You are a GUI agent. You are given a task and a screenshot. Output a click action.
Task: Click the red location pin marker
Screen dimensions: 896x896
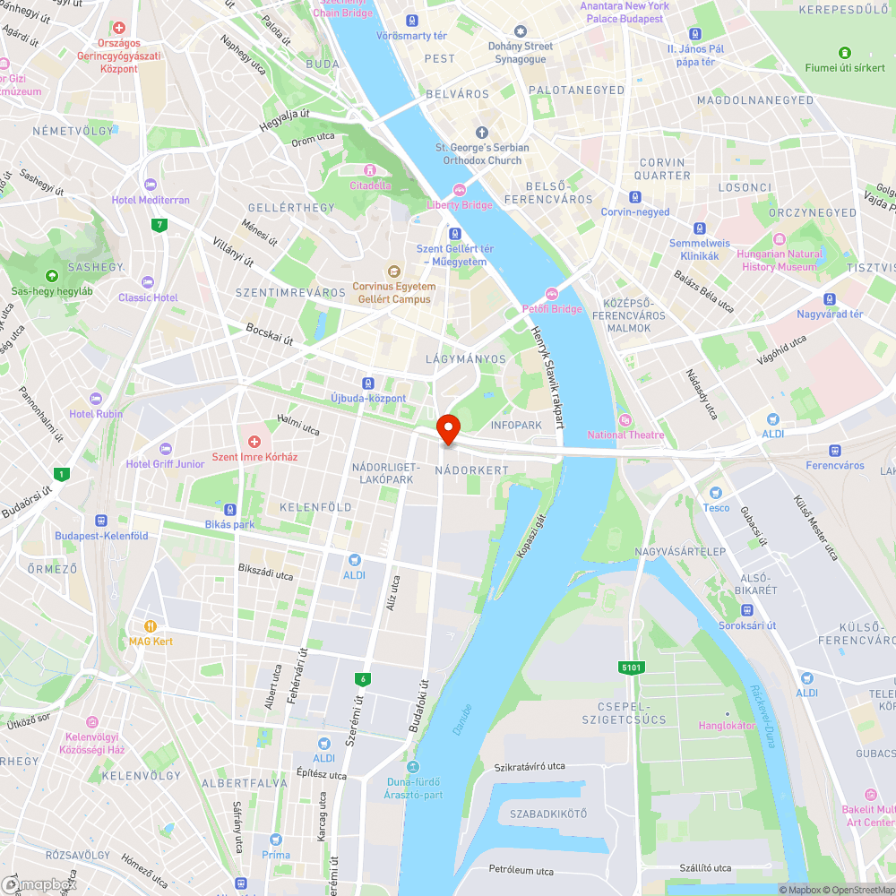point(447,428)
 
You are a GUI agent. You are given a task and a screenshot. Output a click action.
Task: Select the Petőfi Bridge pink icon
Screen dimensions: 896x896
point(552,293)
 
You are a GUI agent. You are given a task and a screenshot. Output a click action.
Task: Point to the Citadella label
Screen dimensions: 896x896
point(370,185)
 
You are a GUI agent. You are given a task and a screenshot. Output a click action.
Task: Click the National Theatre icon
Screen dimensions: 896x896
point(625,419)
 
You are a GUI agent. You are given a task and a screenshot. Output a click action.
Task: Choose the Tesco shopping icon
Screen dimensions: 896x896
point(715,493)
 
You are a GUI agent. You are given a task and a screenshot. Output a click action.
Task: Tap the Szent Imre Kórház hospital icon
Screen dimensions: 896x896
point(254,442)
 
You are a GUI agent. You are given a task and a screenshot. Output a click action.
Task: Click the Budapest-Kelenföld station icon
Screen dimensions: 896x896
point(101,520)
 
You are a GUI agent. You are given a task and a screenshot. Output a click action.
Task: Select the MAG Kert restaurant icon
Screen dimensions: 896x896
point(151,626)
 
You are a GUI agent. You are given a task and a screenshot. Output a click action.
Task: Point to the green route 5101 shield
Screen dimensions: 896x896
point(632,667)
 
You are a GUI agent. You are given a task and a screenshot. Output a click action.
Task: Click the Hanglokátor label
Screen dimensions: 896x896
point(728,725)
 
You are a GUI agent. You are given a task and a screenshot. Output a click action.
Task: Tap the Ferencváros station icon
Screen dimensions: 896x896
point(835,451)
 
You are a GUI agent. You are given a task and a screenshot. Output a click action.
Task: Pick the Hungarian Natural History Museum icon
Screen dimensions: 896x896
point(780,238)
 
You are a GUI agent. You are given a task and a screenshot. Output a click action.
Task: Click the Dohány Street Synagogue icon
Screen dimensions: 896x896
point(520,31)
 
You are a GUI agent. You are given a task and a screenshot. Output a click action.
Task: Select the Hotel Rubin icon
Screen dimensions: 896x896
point(97,399)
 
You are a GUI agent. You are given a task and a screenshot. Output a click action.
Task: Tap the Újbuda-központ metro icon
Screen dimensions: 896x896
point(368,383)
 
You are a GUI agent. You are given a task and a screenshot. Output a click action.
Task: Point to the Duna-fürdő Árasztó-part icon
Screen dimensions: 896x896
point(413,767)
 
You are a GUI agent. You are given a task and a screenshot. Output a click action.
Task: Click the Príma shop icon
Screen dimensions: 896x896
point(276,840)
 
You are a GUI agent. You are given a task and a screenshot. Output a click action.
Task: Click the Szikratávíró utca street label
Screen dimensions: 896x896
point(530,767)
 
